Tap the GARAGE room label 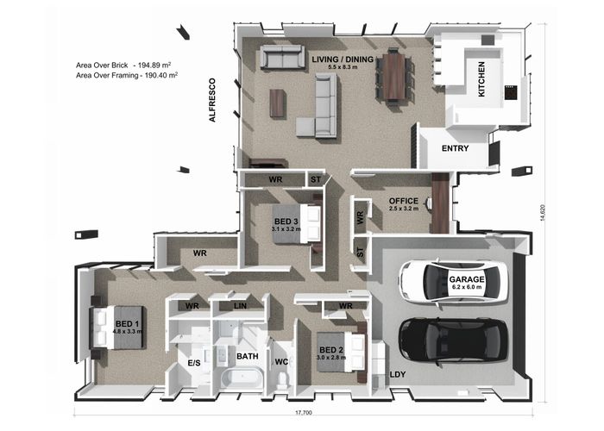coord(467,279)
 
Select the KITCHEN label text coord(481,78)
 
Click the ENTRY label coord(455,149)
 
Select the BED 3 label coord(285,222)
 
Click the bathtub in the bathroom coord(234,378)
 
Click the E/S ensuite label coord(194,364)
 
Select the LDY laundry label coord(397,375)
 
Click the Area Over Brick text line coord(126,65)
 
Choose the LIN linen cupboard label coord(241,306)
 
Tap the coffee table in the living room coord(276,103)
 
